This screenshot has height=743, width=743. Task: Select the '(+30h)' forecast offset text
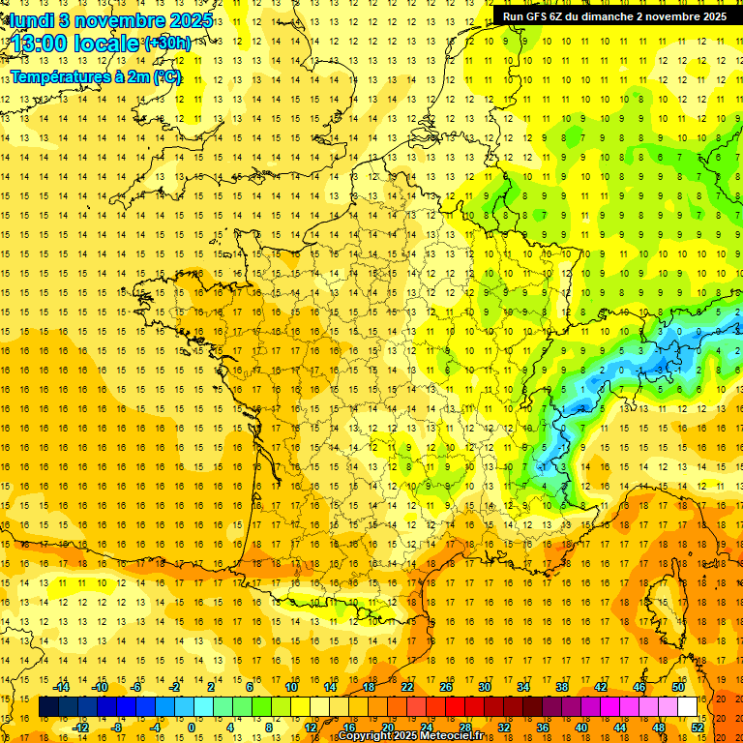[x=167, y=44]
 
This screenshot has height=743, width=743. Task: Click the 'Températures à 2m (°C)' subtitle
[x=95, y=76]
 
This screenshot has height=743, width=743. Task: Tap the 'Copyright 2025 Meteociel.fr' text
[x=410, y=736]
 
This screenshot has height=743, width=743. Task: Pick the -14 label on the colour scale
[x=61, y=687]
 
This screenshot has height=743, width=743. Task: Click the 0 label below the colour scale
[x=191, y=728]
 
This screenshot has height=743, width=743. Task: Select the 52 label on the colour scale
[x=698, y=728]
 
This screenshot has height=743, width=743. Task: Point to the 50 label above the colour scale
[x=678, y=687]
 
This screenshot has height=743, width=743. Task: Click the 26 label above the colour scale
[x=446, y=687]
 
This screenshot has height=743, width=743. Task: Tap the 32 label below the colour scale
[x=504, y=728]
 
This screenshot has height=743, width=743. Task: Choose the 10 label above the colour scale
[x=290, y=687]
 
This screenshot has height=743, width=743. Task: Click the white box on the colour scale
[x=688, y=707]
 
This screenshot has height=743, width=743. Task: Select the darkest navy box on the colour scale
[x=48, y=707]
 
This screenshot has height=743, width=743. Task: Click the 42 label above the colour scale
[x=601, y=687]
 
